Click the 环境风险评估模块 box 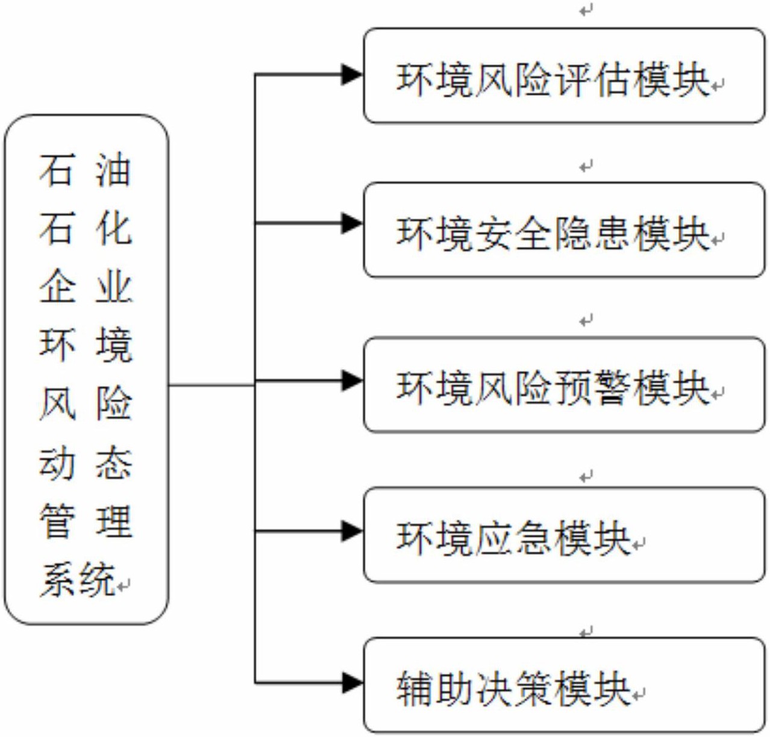click(564, 75)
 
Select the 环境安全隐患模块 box click(564, 230)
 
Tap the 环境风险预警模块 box click(564, 384)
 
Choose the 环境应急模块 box click(564, 535)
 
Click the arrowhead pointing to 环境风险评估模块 click(352, 75)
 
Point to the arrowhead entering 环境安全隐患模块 click(352, 223)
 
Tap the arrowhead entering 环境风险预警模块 click(352, 381)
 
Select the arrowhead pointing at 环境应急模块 click(352, 531)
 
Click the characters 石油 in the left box click(85, 170)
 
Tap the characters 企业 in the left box click(85, 286)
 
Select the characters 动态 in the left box click(85, 462)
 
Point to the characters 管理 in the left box click(85, 521)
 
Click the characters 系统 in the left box click(78, 579)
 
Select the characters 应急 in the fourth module click(513, 538)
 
